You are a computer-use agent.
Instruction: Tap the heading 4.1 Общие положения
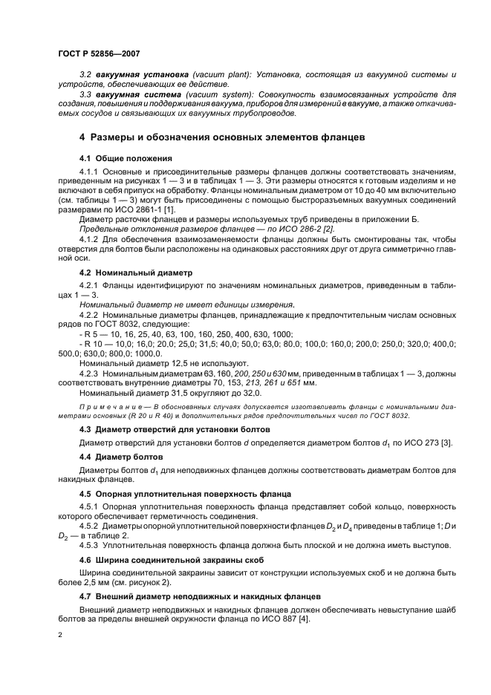coord(126,159)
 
